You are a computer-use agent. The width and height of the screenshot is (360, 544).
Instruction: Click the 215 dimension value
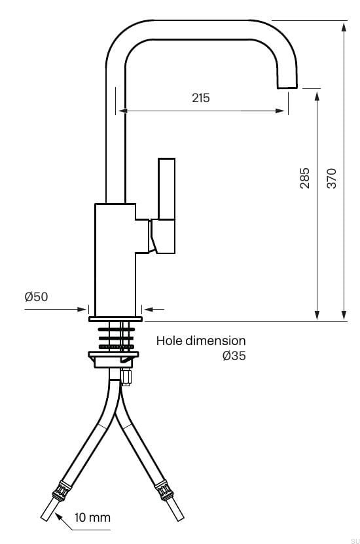pos(201,98)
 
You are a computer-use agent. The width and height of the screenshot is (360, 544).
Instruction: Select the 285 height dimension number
pos(304,179)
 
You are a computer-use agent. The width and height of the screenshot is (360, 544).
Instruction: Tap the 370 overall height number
pos(332,179)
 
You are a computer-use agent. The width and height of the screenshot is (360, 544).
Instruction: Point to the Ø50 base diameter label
pos(36,297)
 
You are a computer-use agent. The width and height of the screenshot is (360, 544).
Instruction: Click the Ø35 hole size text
pos(234,357)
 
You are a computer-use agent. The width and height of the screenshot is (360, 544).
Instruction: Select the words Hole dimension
pos(201,341)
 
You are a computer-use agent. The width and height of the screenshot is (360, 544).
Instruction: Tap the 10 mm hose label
pos(92,518)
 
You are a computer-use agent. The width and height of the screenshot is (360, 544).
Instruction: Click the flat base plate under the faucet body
pos(115,319)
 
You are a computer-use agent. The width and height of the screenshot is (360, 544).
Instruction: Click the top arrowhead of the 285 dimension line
pos(317,94)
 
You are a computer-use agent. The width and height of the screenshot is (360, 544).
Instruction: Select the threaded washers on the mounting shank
pos(115,336)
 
